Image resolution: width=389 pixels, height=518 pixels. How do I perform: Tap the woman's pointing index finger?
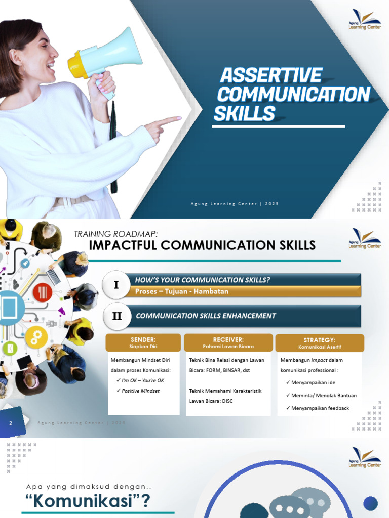click(170, 121)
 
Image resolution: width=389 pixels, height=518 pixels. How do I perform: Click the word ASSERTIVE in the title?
click(271, 76)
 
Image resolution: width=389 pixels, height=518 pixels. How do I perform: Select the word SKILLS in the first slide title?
click(244, 114)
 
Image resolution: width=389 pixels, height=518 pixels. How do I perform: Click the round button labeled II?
click(117, 316)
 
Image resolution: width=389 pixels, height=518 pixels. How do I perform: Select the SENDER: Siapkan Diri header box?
click(143, 342)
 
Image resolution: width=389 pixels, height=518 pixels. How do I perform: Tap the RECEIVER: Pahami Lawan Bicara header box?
click(228, 342)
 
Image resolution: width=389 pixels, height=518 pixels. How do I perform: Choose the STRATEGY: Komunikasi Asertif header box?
click(320, 343)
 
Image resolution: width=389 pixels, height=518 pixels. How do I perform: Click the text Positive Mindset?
click(140, 391)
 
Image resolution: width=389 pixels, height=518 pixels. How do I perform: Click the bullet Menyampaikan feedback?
click(320, 408)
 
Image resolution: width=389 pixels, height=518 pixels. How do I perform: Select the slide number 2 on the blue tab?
click(10, 423)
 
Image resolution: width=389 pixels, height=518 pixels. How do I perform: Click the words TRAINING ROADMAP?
click(116, 233)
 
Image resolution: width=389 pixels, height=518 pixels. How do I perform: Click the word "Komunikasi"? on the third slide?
click(88, 502)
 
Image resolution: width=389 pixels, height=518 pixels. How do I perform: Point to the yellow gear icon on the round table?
click(36, 336)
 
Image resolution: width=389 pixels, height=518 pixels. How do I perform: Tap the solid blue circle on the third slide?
click(370, 503)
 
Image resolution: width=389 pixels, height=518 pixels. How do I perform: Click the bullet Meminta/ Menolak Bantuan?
click(324, 395)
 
